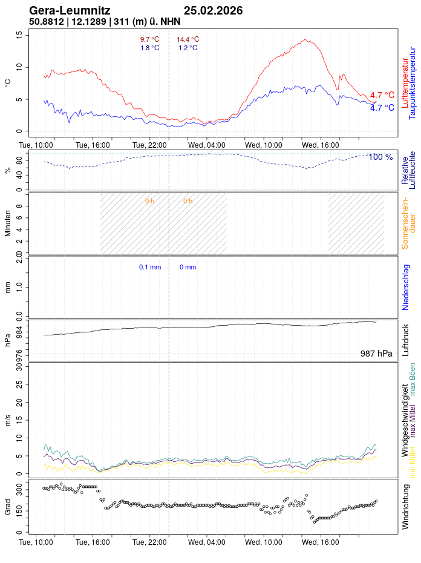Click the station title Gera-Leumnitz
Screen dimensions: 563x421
[70, 11]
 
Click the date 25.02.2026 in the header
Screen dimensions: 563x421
[213, 11]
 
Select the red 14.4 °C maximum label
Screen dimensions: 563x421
[188, 39]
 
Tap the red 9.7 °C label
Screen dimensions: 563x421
[149, 39]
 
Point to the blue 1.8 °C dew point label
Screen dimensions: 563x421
[149, 48]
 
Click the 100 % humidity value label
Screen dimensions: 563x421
[380, 157]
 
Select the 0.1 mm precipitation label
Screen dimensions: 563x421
[150, 267]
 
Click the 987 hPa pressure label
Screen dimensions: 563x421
[376, 354]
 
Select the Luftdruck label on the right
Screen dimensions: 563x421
[405, 340]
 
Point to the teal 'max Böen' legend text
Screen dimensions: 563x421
[413, 380]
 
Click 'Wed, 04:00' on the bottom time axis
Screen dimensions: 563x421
[207, 543]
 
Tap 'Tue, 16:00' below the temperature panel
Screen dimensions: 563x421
[93, 145]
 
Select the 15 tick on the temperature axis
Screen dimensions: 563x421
[19, 35]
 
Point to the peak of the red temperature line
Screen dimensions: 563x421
[307, 40]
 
